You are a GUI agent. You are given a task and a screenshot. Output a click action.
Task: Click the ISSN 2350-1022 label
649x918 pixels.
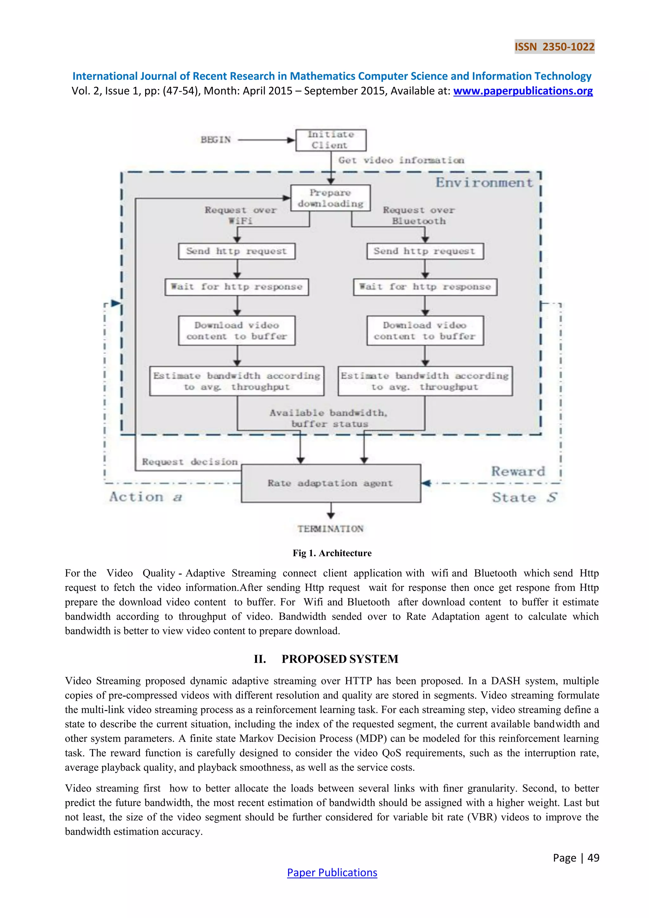(554, 47)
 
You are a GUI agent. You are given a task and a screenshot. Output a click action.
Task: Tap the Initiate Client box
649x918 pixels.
(331, 140)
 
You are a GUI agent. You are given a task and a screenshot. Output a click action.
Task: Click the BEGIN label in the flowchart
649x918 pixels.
(215, 140)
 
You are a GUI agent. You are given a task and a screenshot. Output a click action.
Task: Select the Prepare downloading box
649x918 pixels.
(330, 198)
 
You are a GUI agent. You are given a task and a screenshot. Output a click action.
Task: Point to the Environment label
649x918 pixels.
(484, 183)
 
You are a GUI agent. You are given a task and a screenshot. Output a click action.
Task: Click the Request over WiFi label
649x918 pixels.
(240, 215)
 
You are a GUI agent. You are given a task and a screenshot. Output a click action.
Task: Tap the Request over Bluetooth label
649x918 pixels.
(418, 215)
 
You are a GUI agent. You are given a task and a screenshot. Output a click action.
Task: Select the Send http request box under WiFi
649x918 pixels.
(237, 251)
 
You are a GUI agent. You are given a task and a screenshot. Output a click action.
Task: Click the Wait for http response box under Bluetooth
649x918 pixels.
(425, 287)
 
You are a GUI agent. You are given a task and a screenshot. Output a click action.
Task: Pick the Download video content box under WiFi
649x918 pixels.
(237, 331)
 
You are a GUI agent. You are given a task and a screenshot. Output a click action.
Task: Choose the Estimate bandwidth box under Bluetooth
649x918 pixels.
(425, 381)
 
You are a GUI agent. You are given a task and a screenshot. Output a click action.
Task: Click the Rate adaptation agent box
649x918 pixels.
(331, 483)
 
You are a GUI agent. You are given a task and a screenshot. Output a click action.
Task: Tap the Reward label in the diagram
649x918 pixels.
(517, 471)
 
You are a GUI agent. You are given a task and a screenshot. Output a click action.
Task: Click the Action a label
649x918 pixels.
(145, 497)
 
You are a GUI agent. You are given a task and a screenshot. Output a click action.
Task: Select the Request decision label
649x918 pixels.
(190, 462)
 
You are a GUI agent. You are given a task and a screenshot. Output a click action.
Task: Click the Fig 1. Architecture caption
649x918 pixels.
(332, 553)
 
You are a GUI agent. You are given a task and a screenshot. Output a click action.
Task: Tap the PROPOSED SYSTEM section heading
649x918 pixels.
(340, 659)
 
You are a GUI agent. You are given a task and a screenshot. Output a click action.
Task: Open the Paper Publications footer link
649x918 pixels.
(332, 872)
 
